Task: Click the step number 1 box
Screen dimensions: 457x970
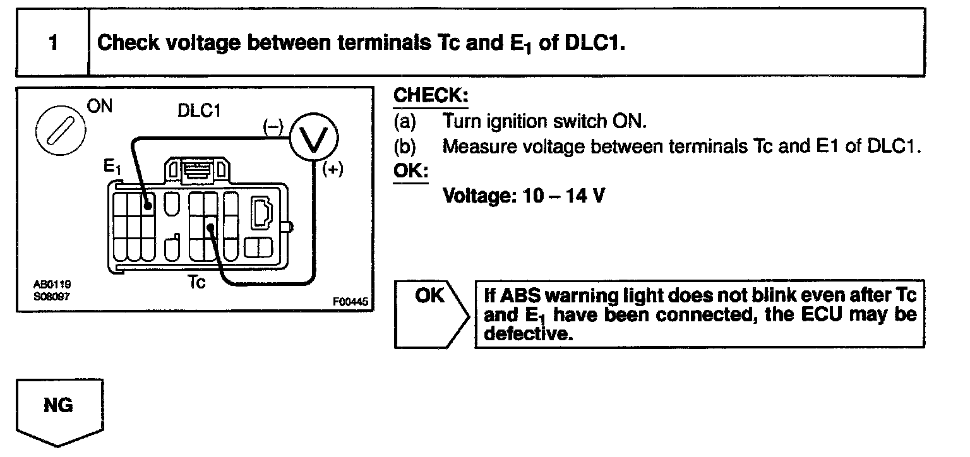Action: [53, 43]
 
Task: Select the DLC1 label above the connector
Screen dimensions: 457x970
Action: [200, 110]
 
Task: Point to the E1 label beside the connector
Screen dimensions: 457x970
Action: [111, 167]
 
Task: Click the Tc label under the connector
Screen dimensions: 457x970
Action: [197, 282]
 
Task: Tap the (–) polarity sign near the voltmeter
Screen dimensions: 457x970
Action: [273, 126]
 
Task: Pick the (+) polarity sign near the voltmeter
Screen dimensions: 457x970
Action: [332, 170]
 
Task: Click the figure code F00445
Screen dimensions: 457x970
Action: [349, 302]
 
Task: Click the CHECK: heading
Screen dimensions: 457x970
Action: [431, 96]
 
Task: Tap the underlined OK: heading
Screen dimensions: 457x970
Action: [410, 171]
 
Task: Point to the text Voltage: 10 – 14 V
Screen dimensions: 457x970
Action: [524, 196]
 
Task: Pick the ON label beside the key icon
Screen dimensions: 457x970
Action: [99, 107]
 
